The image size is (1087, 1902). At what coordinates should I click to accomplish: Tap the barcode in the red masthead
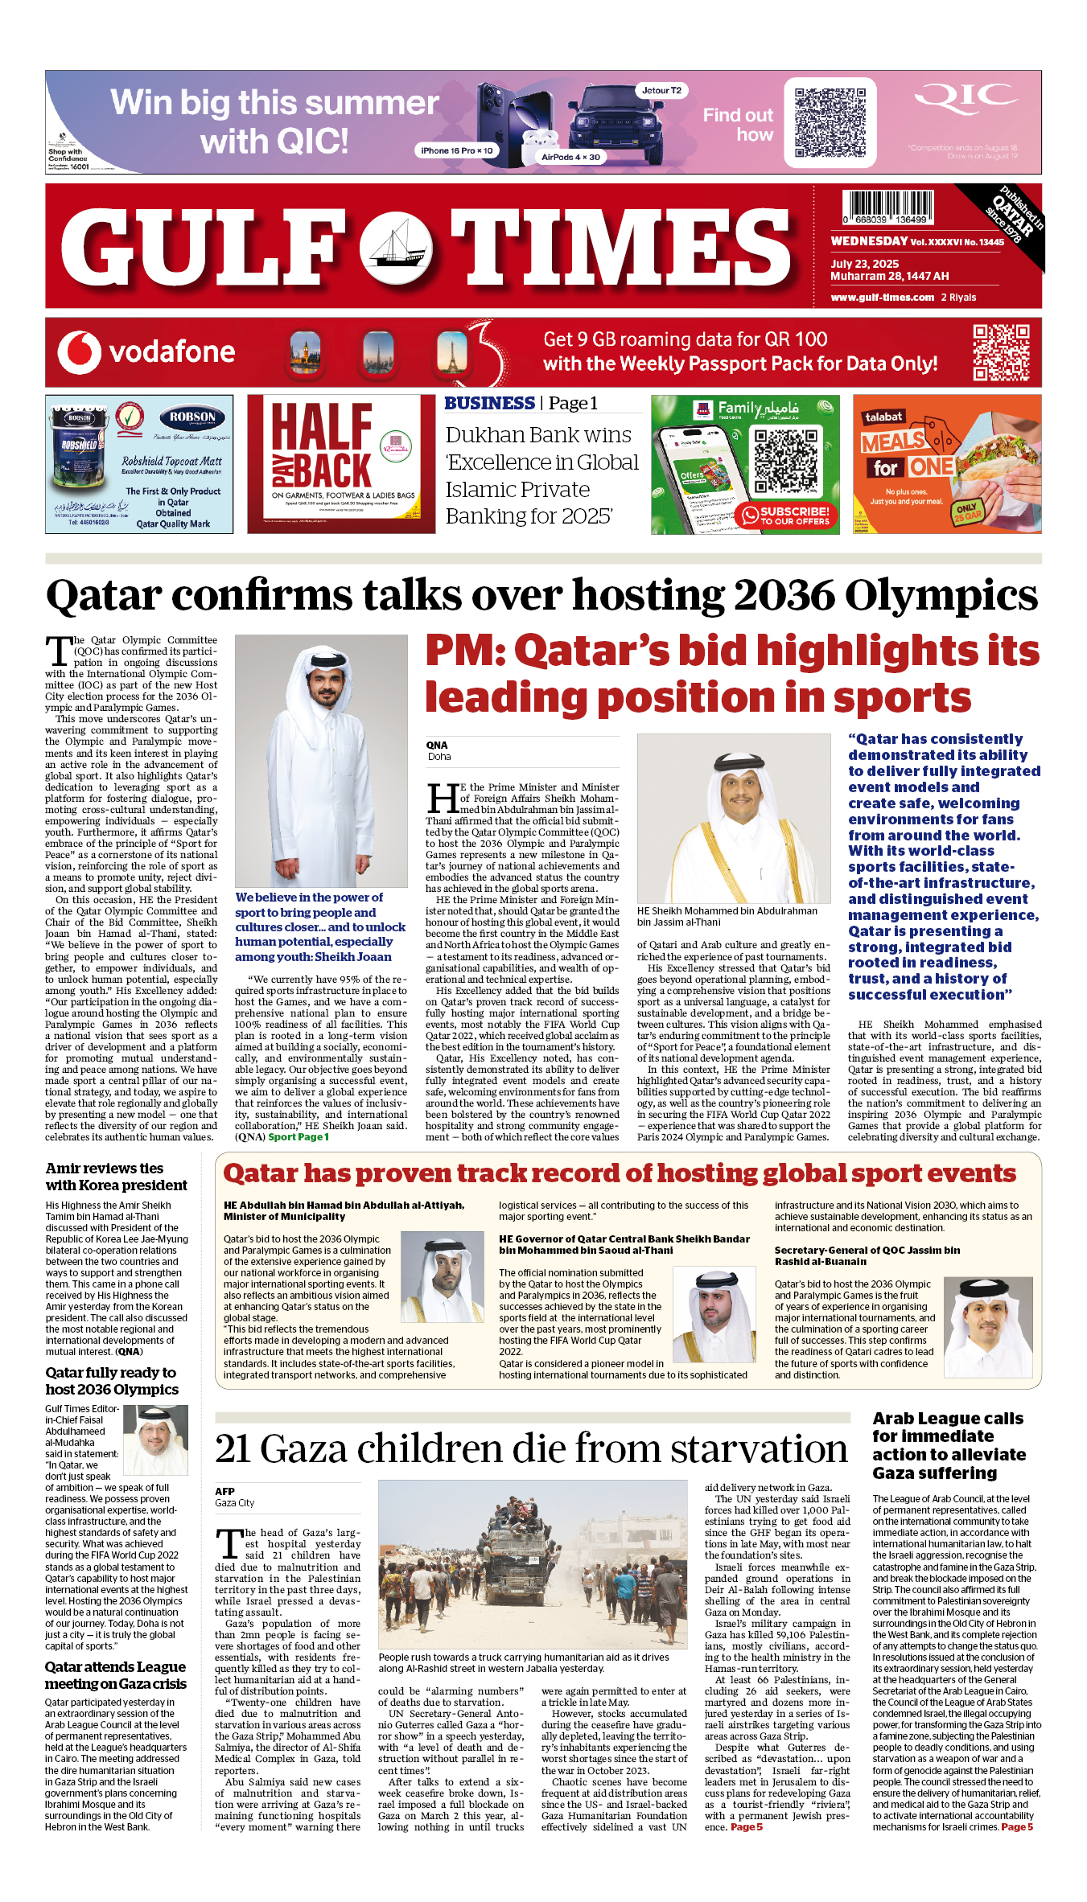pyautogui.click(x=887, y=207)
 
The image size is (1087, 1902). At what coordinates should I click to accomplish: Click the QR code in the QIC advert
pyautogui.click(x=830, y=122)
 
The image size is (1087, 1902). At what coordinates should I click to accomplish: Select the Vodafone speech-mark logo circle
pyautogui.click(x=79, y=352)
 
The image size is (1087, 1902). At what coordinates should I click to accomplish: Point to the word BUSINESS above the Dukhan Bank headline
pyautogui.click(x=489, y=404)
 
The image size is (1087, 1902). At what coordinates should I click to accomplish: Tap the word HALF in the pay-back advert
pyautogui.click(x=322, y=425)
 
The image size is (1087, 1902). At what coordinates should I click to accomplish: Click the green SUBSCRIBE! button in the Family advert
pyautogui.click(x=785, y=516)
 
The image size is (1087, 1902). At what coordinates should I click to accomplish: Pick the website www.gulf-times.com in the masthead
pyautogui.click(x=882, y=298)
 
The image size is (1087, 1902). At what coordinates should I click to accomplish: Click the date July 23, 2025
pyautogui.click(x=864, y=264)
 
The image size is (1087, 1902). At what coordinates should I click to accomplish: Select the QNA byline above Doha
pyautogui.click(x=437, y=746)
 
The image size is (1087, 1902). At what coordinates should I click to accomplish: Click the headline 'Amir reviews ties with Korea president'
pyautogui.click(x=116, y=1177)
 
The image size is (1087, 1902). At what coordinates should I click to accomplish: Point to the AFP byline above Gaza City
pyautogui.click(x=224, y=1491)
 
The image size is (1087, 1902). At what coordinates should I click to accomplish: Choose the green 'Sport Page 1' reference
pyautogui.click(x=299, y=1137)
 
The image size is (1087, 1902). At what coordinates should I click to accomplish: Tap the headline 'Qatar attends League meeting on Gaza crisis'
pyautogui.click(x=115, y=1675)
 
